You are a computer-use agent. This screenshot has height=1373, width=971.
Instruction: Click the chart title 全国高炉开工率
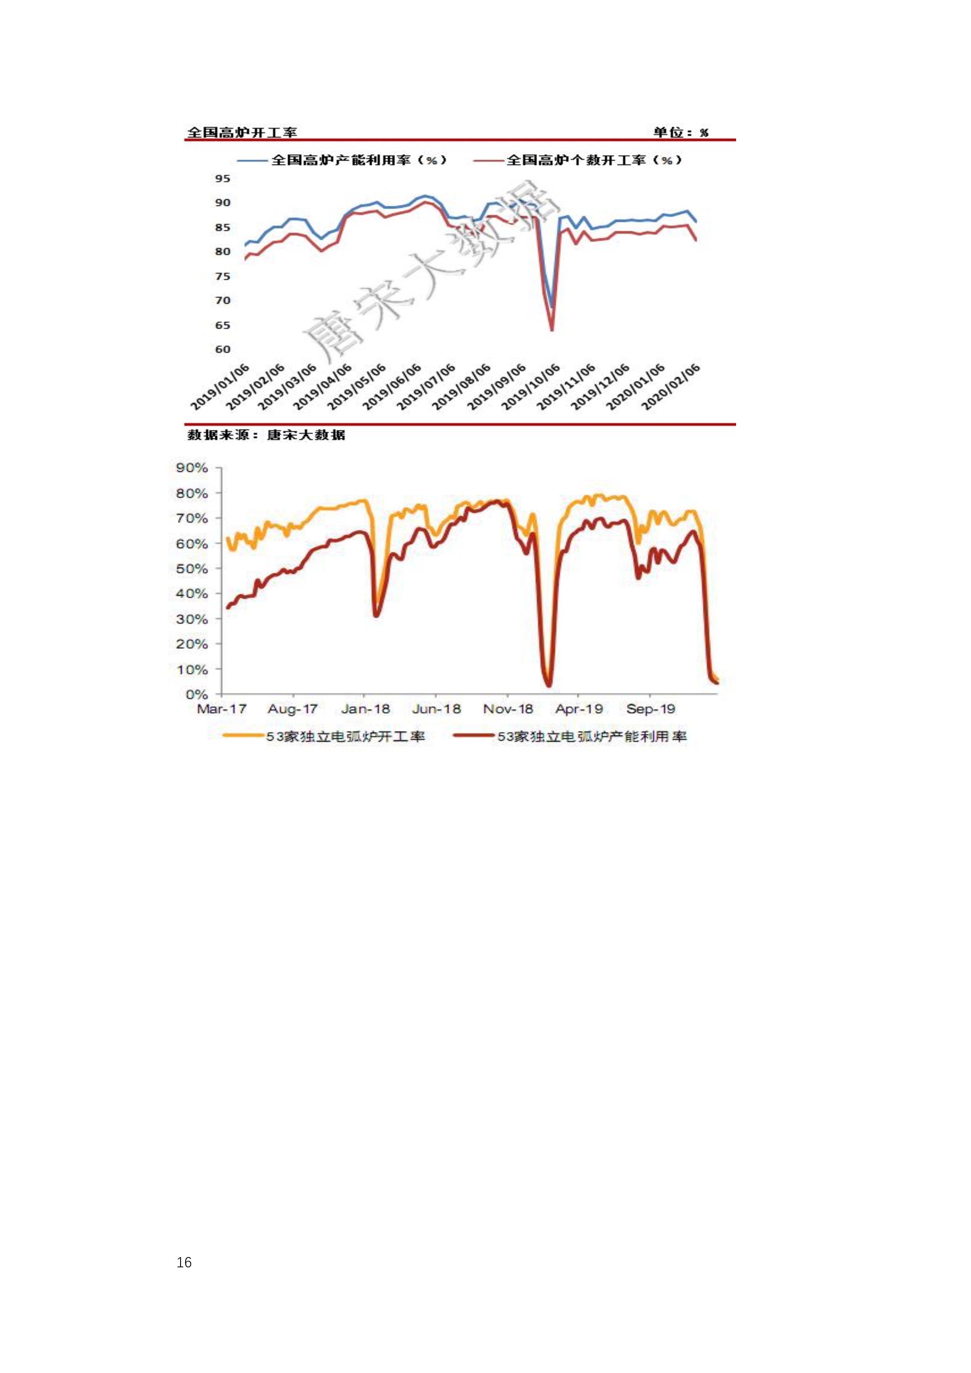[x=242, y=132]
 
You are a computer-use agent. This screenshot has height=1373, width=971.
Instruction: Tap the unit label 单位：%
[x=680, y=132]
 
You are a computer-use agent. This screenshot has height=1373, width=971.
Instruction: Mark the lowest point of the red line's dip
[x=551, y=330]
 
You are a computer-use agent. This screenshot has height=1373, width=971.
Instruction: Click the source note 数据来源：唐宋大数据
[x=266, y=435]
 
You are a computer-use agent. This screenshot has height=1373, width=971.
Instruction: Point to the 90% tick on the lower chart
[x=192, y=467]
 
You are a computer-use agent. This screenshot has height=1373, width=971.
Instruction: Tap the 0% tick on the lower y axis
[x=196, y=694]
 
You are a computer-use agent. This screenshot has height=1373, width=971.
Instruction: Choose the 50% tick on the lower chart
[x=192, y=569]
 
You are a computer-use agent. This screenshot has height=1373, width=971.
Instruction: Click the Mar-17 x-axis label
[x=221, y=709]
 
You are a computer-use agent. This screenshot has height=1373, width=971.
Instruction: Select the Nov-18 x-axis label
[x=508, y=709]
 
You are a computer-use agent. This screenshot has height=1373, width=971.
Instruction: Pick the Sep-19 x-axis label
[x=650, y=709]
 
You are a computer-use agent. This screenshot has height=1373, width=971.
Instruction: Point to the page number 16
[x=184, y=1262]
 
